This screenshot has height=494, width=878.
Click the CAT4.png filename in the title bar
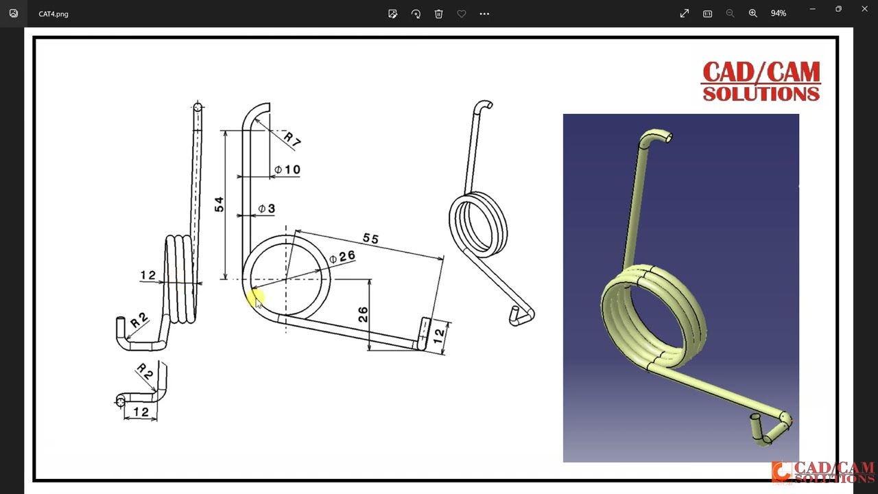[54, 14]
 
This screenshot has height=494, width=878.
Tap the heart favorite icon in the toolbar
[462, 14]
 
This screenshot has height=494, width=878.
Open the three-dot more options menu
[484, 14]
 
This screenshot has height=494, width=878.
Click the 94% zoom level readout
[778, 14]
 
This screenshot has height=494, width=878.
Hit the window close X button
[864, 9]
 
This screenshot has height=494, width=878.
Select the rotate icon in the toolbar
[416, 14]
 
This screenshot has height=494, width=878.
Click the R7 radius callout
[292, 139]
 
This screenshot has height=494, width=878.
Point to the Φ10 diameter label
[287, 169]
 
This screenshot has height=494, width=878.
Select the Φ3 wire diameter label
[267, 209]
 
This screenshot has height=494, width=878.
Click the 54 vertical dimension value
[219, 204]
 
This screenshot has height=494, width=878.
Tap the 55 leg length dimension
[370, 239]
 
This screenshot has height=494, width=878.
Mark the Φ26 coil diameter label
[342, 257]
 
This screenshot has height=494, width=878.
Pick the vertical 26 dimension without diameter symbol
[363, 314]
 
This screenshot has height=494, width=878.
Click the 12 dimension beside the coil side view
[147, 275]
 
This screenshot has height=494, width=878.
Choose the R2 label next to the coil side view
[139, 320]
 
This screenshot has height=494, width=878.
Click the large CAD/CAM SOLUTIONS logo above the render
[761, 81]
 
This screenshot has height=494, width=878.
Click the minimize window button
[812, 9]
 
